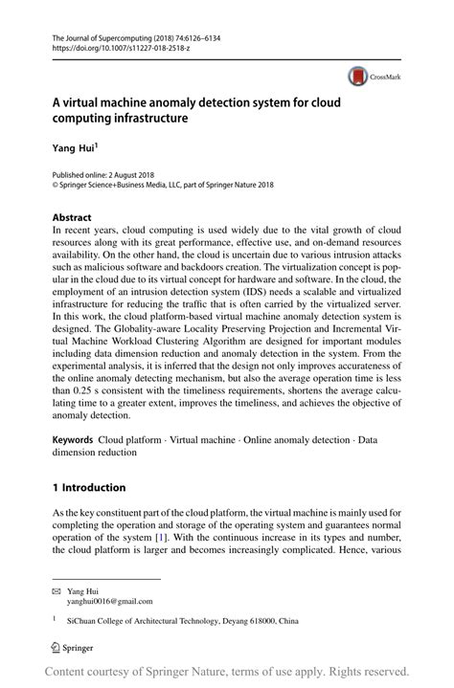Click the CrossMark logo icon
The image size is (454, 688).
click(357, 75)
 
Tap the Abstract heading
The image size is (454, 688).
click(74, 216)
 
